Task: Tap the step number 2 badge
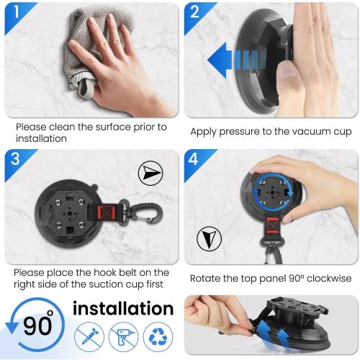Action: point(195,13)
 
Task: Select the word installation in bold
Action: point(123,309)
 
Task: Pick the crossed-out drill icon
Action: point(123,336)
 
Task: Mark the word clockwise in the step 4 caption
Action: point(321,278)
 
